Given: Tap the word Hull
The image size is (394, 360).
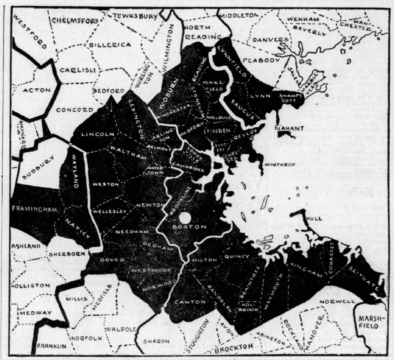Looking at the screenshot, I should pos(312,217).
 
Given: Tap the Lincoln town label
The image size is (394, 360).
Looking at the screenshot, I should pos(97,134).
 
